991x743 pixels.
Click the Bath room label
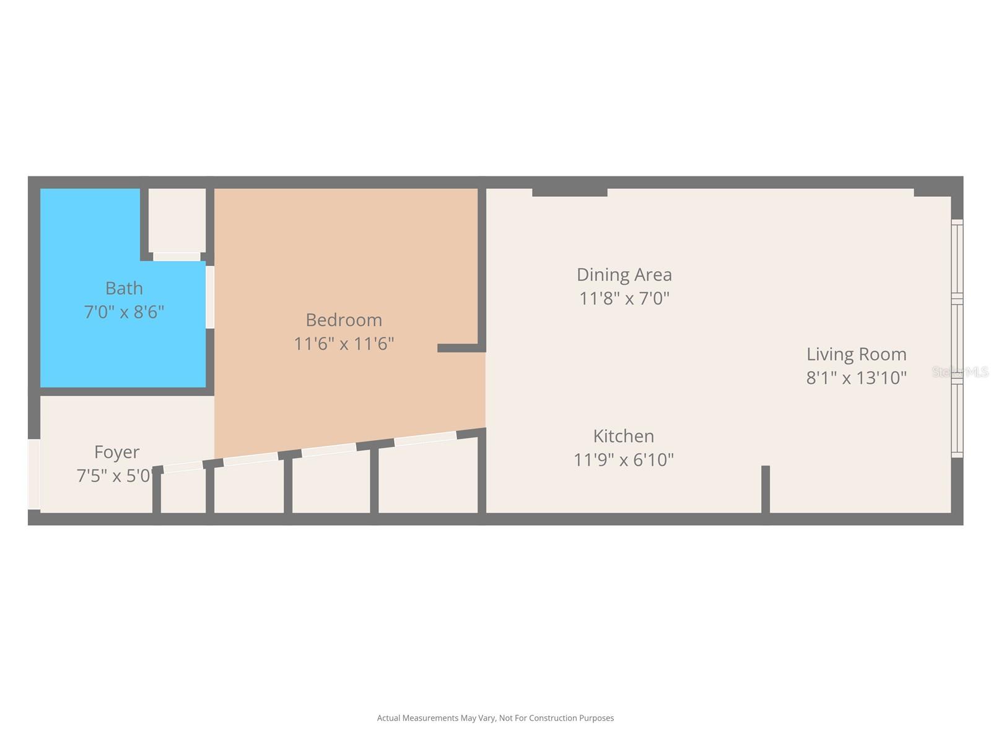(124, 289)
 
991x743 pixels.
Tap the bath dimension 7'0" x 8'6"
(124, 311)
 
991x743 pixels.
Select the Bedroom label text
(344, 320)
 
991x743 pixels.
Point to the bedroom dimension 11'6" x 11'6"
(344, 344)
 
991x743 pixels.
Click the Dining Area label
(624, 275)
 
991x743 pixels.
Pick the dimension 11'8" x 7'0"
(624, 298)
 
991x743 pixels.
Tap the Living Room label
(856, 354)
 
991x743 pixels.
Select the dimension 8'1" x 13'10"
(856, 378)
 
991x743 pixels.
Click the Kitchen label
(623, 436)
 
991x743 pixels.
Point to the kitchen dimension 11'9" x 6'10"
(623, 460)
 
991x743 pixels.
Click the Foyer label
(116, 452)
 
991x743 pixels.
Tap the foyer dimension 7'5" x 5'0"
(115, 476)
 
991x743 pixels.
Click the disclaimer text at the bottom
(495, 718)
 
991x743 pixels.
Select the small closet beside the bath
(177, 220)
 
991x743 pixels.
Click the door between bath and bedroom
(210, 297)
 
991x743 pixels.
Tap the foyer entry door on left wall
(33, 474)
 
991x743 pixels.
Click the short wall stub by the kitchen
(766, 489)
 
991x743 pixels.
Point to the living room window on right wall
(957, 339)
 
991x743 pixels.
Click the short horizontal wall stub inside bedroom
(458, 348)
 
